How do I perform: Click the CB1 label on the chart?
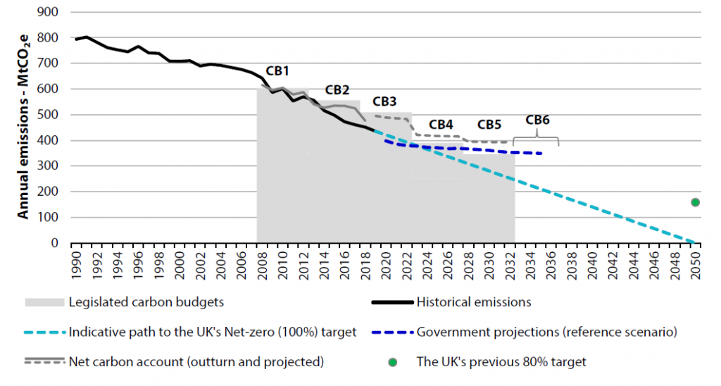277,72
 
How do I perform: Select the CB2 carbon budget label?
337,90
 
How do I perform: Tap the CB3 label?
384,101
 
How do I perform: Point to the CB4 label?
441,124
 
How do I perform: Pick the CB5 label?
489,125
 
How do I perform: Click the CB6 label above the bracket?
538,119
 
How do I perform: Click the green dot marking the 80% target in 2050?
695,202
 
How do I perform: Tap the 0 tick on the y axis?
55,243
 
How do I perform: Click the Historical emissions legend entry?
474,302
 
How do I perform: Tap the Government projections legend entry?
547,332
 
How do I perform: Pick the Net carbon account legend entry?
196,361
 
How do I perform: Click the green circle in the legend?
393,362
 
